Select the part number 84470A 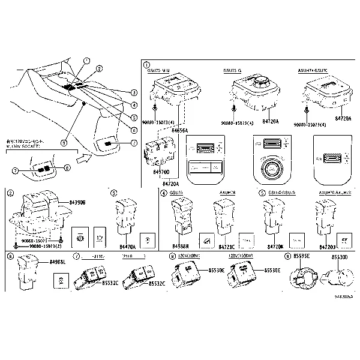tap(127, 246)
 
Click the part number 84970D tap(161, 172)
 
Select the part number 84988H tap(180, 246)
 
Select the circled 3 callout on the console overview tap(134, 93)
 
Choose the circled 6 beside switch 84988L tap(10, 256)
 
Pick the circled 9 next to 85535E tap(287, 256)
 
